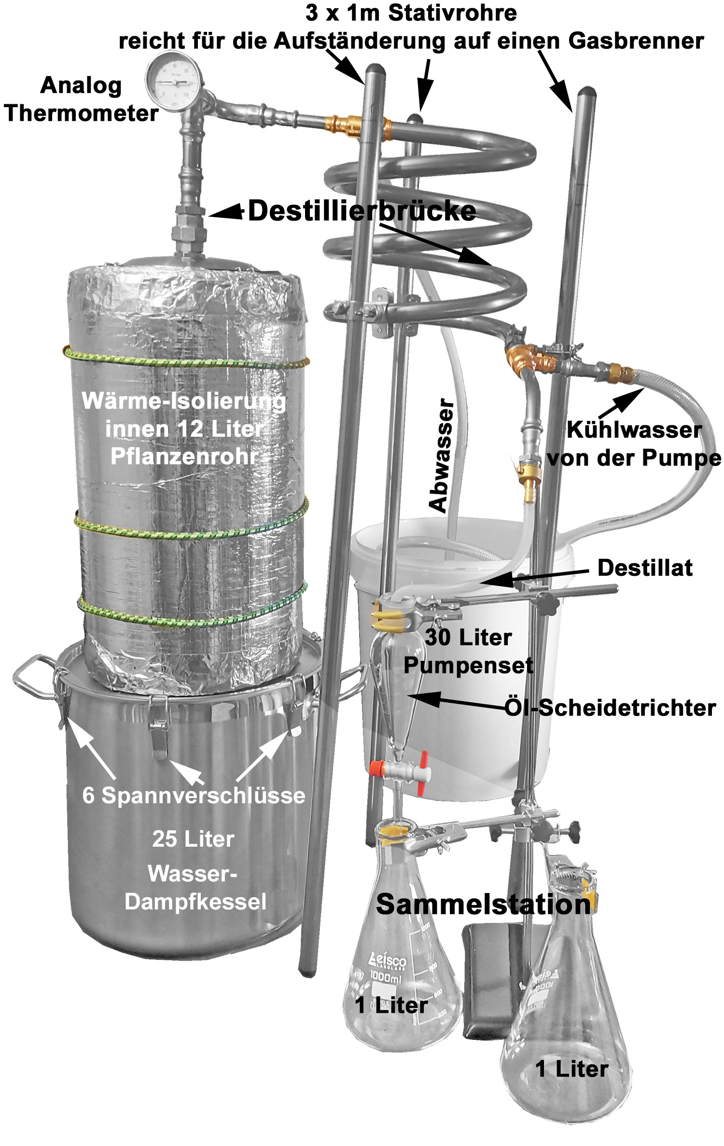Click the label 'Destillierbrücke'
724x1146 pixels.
click(x=362, y=211)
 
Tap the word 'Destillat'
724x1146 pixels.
click(x=645, y=568)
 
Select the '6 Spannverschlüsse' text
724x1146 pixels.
click(x=194, y=795)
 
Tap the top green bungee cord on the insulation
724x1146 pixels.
click(x=186, y=361)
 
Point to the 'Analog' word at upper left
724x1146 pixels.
click(x=81, y=86)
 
